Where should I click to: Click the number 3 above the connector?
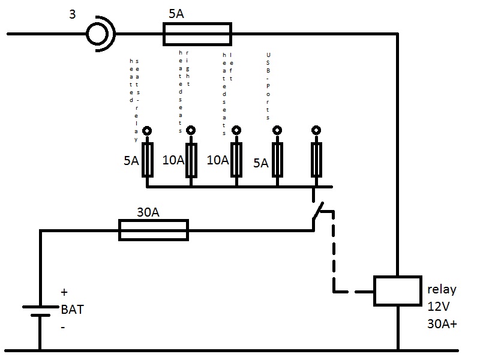[x=72, y=14]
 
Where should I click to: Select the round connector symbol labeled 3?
[x=98, y=34]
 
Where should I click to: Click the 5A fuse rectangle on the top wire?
[x=197, y=34]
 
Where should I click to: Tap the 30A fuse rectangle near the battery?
[x=154, y=229]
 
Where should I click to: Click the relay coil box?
[x=397, y=291]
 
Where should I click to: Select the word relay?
[x=442, y=289]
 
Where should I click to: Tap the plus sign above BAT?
[x=64, y=293]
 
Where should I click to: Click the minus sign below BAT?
[x=62, y=328]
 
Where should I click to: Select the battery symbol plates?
[x=40, y=311]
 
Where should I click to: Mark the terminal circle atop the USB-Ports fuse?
[x=277, y=130]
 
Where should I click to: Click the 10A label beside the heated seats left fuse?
[x=217, y=160]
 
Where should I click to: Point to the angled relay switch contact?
[x=317, y=215]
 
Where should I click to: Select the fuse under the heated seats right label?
[x=191, y=160]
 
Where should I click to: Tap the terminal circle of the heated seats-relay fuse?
[x=146, y=130]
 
